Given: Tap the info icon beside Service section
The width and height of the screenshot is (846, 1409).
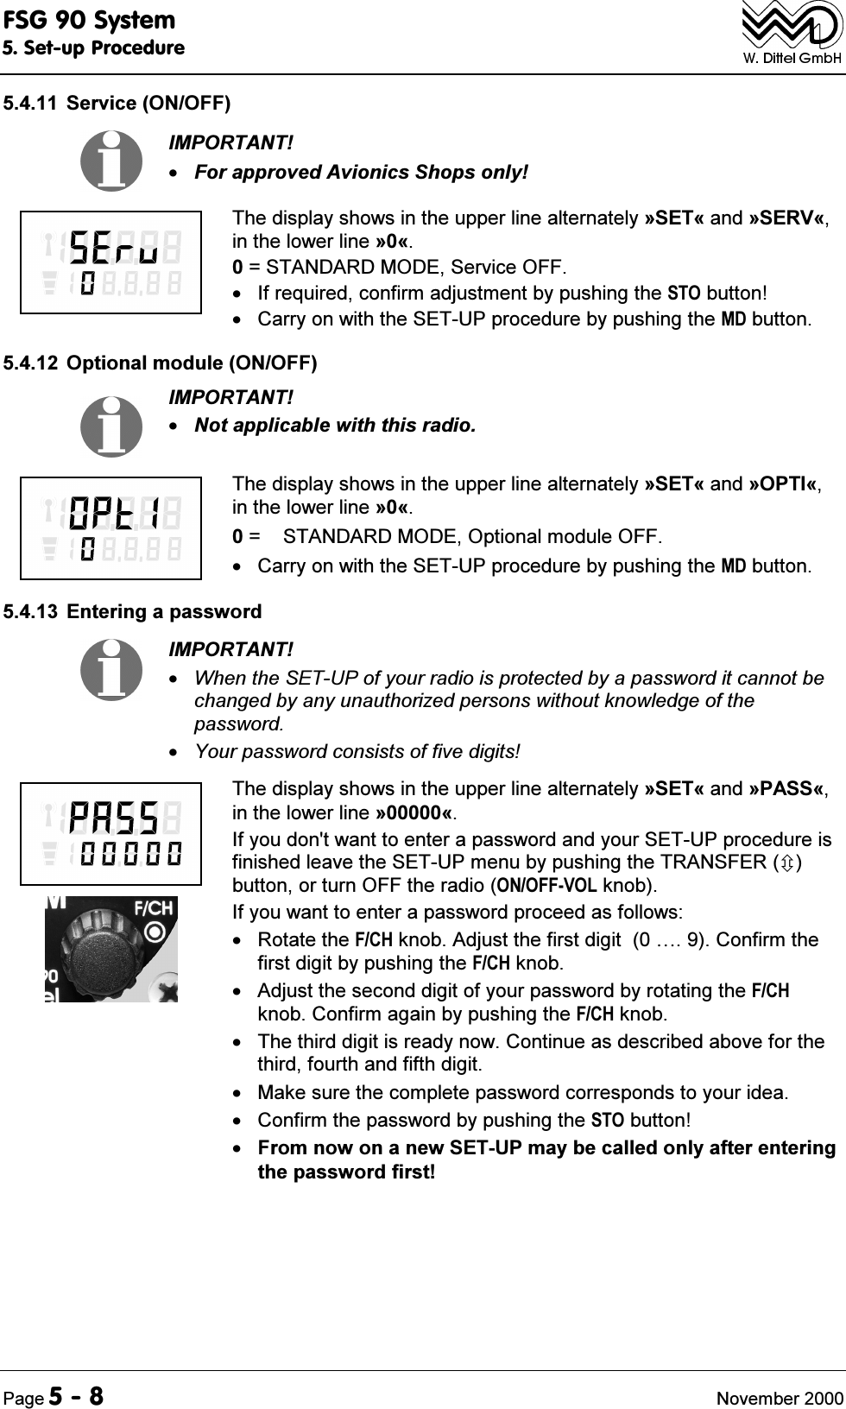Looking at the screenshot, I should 111,160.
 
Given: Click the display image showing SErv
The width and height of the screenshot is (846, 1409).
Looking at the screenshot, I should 110,262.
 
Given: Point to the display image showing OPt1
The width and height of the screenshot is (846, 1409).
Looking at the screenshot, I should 110,528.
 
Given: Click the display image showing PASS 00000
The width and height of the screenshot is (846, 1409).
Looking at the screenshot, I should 110,833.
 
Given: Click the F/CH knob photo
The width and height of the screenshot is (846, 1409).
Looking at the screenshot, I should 110,949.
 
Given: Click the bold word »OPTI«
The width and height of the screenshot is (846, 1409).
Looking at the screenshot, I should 784,483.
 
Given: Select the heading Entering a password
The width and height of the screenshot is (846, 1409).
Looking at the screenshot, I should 164,612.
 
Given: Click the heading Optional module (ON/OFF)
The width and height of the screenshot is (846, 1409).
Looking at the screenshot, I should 192,363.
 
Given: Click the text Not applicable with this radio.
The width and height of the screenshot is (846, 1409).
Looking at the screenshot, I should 335,426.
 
